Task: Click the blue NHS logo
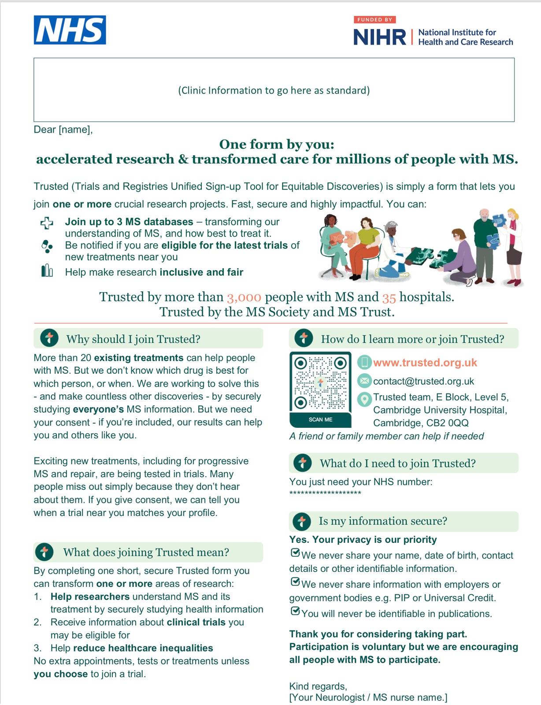tap(70, 30)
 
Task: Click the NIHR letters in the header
tap(379, 37)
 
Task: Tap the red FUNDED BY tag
tap(374, 19)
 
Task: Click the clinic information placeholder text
tap(274, 90)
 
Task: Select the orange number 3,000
tap(244, 297)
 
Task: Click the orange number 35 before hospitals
tap(389, 298)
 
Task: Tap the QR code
tap(320, 382)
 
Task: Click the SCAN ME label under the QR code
tap(320, 419)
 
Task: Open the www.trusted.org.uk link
tap(425, 363)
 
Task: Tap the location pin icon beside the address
tap(364, 399)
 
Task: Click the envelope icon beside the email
tap(364, 380)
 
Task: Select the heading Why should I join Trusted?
tap(133, 339)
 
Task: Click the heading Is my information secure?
tap(382, 521)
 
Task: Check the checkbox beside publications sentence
tap(295, 612)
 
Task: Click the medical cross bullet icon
tap(47, 223)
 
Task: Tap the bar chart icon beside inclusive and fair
tap(47, 271)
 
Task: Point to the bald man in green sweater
tap(484, 240)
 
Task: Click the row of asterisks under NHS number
tap(325, 493)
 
